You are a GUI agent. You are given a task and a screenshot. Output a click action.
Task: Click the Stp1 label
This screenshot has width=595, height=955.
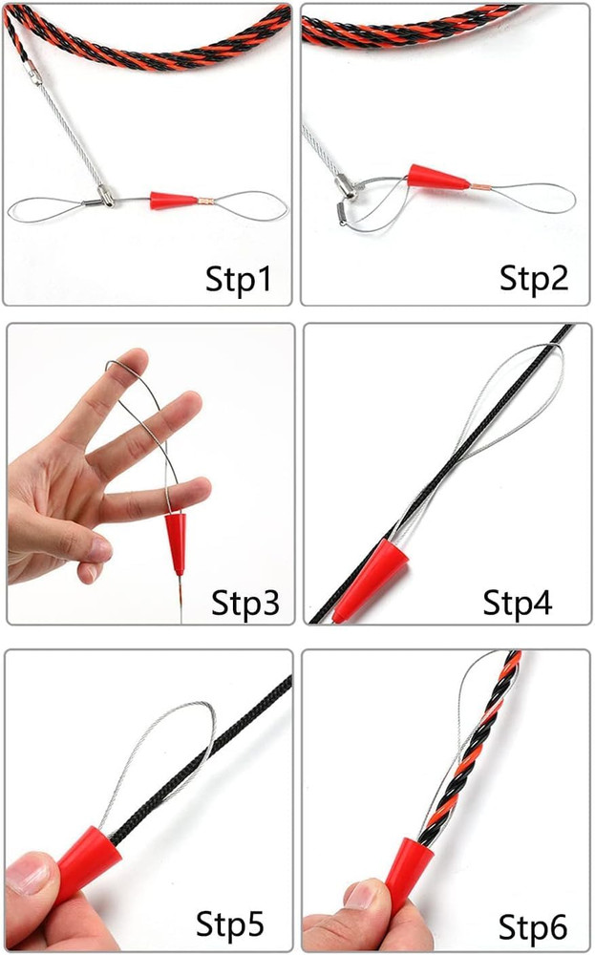239,279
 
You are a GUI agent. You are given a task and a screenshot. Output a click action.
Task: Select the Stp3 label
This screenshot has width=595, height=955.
245,604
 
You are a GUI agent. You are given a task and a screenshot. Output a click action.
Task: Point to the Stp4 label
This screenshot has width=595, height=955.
517,604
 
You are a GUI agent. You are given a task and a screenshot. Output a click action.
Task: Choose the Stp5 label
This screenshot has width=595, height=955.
229,924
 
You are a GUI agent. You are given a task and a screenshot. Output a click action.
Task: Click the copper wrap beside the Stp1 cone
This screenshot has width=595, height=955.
203,201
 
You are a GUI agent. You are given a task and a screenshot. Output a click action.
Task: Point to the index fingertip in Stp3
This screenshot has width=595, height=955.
135,362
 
